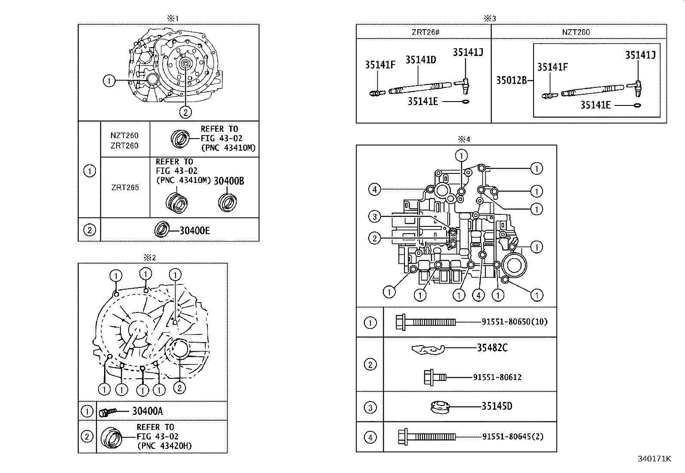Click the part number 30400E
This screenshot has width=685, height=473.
194,231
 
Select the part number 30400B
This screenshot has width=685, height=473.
229,181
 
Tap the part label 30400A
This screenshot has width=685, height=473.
147,411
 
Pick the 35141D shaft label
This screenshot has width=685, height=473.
420,60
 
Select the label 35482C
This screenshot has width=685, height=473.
492,348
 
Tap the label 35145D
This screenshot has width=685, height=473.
497,406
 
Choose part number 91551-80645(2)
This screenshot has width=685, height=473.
512,436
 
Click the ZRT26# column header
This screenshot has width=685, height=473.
423,32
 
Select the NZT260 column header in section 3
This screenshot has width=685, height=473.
576,32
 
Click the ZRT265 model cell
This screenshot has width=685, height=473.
125,188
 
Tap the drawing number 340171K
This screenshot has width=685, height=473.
654,459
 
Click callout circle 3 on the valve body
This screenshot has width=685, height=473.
375,217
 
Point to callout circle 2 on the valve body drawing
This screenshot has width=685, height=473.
375,238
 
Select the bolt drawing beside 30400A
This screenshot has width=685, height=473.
106,412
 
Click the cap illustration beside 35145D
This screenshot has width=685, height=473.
440,407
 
